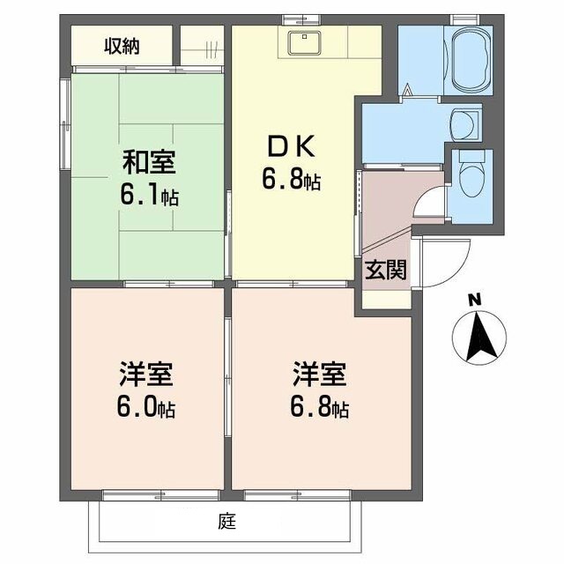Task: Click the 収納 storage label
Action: [122, 47]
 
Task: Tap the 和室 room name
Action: [149, 162]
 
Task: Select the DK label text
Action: [292, 145]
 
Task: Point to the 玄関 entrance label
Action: [386, 270]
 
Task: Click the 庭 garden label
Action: [227, 521]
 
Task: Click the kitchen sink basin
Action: [304, 43]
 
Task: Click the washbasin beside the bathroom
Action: [464, 123]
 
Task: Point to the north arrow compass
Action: [479, 338]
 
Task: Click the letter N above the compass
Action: [476, 300]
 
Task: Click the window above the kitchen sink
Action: [301, 19]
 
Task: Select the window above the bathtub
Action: [464, 19]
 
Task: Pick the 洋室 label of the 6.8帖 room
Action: [319, 375]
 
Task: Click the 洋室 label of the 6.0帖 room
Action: [146, 375]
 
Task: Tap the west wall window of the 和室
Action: [64, 124]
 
